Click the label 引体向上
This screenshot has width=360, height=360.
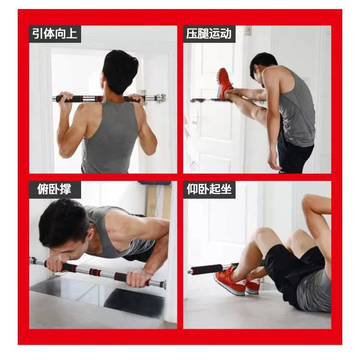click(55, 34)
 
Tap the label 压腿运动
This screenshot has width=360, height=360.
click(209, 34)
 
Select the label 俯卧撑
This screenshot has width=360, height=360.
click(54, 190)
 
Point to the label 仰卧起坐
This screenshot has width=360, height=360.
click(209, 190)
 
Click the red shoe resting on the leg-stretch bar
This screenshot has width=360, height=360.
click(225, 84)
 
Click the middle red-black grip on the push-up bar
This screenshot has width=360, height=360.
click(95, 272)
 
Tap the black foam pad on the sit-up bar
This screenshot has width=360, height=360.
click(206, 269)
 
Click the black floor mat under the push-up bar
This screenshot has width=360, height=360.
click(134, 301)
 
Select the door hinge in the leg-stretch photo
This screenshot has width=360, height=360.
click(249, 31)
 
